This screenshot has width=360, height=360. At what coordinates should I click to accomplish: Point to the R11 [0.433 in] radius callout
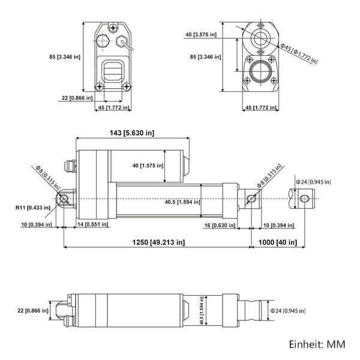(32, 208)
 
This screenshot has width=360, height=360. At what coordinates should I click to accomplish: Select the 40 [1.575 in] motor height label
(143, 166)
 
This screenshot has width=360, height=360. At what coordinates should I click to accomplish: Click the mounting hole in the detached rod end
(305, 199)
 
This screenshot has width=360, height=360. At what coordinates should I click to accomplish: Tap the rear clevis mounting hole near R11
(62, 199)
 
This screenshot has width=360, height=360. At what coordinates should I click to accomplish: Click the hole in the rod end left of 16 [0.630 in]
(252, 199)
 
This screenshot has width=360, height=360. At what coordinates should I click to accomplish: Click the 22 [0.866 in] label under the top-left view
(76, 97)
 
